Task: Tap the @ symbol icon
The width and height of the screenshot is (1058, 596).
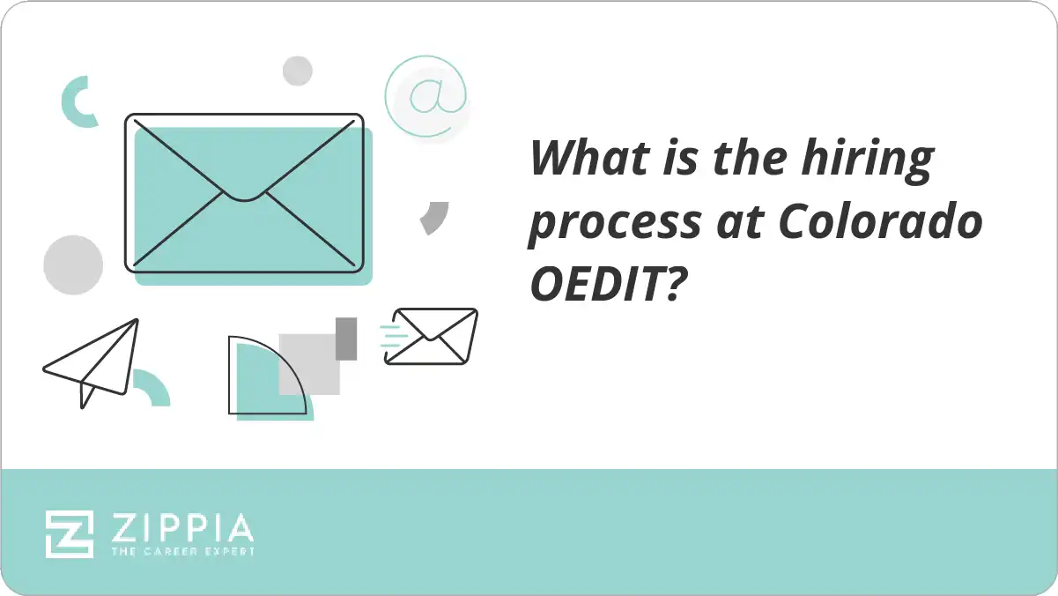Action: [425, 96]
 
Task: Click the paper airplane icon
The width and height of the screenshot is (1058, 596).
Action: [93, 361]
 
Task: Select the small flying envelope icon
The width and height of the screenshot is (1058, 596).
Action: [433, 336]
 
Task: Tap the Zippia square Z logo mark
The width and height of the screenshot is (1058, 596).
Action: [70, 533]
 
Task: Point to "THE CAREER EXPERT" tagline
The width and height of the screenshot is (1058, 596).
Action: [182, 552]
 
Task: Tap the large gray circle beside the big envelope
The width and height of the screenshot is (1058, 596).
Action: [73, 264]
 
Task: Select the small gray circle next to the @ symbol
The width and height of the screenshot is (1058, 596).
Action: [298, 71]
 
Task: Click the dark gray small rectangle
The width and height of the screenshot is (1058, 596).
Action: [346, 338]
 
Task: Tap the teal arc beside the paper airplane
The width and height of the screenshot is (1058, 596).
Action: [152, 387]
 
